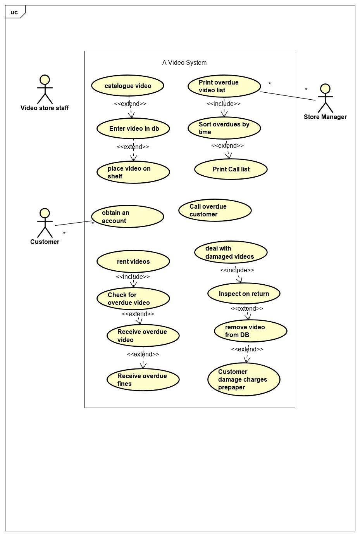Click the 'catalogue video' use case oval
click(x=127, y=86)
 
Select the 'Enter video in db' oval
click(x=133, y=128)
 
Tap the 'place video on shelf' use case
click(x=133, y=172)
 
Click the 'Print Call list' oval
click(x=231, y=169)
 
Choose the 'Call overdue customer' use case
click(x=215, y=210)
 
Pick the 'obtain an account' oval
click(x=127, y=216)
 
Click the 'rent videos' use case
click(x=133, y=261)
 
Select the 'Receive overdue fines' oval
click(x=143, y=380)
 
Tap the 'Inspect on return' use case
click(x=244, y=294)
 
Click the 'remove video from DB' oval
click(x=250, y=331)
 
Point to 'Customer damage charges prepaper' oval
click(x=244, y=379)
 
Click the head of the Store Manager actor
click(x=326, y=88)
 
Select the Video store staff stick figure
click(x=45, y=89)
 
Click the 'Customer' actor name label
click(x=45, y=242)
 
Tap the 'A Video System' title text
click(x=184, y=63)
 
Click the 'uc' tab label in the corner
click(x=14, y=12)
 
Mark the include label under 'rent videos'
click(x=133, y=277)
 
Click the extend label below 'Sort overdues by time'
click(x=227, y=145)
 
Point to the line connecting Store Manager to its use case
click(x=288, y=96)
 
